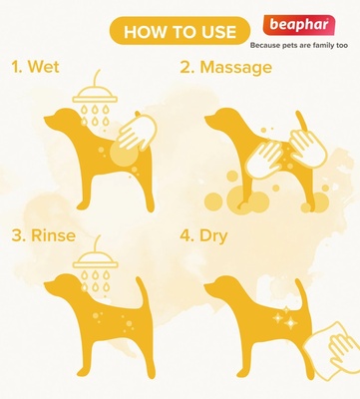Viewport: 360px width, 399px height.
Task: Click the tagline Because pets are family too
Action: click(299, 46)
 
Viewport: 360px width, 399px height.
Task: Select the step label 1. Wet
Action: click(36, 68)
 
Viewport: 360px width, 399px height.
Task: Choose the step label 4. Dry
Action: click(210, 237)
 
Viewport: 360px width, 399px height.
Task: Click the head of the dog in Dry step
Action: click(221, 290)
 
